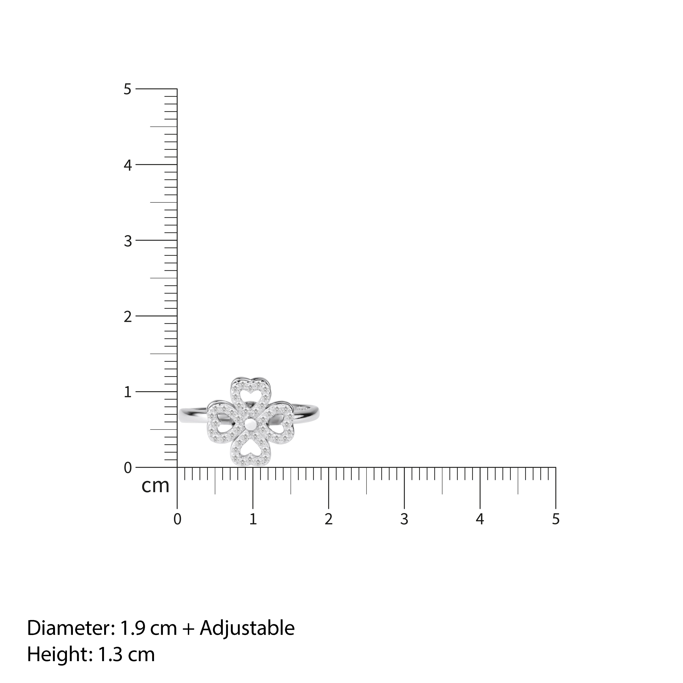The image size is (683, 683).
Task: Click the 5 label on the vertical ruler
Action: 128,89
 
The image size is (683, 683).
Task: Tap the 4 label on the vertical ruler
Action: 128,165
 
